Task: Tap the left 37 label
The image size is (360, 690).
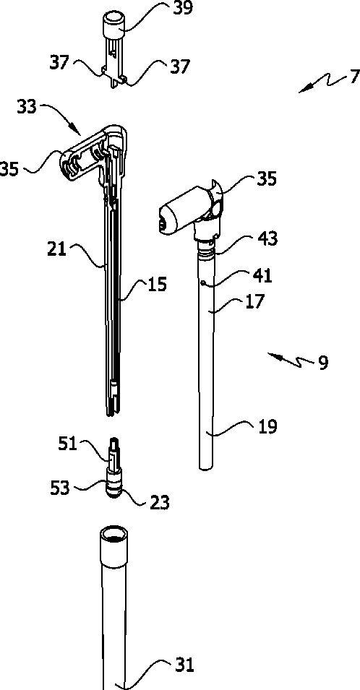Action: (x=59, y=63)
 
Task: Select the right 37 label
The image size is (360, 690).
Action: (x=179, y=67)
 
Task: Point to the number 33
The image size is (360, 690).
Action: (x=27, y=106)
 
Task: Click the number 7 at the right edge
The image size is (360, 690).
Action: (x=355, y=77)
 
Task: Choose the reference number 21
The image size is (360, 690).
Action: (x=57, y=249)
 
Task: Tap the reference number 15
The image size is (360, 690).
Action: (x=157, y=284)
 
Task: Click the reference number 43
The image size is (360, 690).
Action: (x=267, y=238)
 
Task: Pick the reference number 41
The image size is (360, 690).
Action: (x=262, y=276)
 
